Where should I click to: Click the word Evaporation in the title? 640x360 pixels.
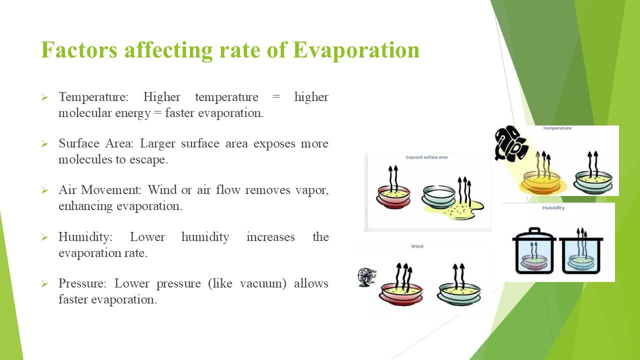point(356,50)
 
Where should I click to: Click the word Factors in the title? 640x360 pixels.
point(79,50)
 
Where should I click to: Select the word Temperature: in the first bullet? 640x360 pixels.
point(93,97)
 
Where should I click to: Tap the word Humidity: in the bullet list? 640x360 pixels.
point(85,237)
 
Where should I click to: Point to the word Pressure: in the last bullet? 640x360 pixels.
point(82,283)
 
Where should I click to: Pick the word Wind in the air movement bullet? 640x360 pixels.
point(162,189)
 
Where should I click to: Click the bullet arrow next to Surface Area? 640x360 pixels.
point(44,143)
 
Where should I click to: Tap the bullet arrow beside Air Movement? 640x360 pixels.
point(44,190)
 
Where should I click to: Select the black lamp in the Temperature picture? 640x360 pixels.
point(510,143)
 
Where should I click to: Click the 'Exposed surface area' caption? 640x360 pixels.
point(426,157)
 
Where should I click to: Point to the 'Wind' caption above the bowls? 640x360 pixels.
point(417,246)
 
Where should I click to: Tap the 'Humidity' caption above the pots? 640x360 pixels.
point(553,208)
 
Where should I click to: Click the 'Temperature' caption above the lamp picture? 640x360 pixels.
point(557,128)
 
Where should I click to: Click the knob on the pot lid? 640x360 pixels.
point(534,230)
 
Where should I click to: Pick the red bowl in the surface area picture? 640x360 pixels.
point(393,197)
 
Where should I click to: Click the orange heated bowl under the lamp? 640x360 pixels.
point(541,182)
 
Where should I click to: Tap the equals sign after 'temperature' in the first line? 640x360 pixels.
point(276,97)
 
